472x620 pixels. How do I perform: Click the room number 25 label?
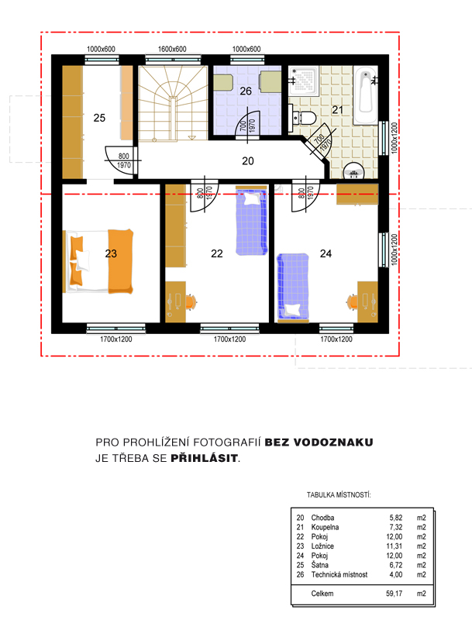(x=99, y=118)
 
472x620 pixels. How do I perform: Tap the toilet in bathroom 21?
(x=303, y=118)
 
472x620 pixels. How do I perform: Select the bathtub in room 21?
(x=365, y=95)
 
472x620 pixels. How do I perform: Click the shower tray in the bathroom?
(x=303, y=81)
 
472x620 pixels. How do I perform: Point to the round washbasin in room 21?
(x=353, y=171)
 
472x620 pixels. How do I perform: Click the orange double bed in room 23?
(x=98, y=261)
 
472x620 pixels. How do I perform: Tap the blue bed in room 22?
(x=251, y=222)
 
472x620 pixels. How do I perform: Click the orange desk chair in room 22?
(x=191, y=302)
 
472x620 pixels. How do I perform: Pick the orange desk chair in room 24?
(x=352, y=301)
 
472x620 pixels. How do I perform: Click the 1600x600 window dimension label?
(x=172, y=50)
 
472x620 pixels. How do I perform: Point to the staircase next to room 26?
(x=173, y=103)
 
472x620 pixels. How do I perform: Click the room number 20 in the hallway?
(x=248, y=161)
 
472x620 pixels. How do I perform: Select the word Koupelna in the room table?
(x=325, y=527)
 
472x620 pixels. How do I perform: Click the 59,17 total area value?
(x=394, y=594)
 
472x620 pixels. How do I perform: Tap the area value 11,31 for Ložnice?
(x=394, y=546)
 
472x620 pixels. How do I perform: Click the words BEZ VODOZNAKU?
(x=319, y=442)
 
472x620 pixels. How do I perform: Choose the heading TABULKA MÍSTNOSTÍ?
(x=339, y=495)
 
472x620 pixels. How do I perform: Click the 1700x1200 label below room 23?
(x=115, y=339)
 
